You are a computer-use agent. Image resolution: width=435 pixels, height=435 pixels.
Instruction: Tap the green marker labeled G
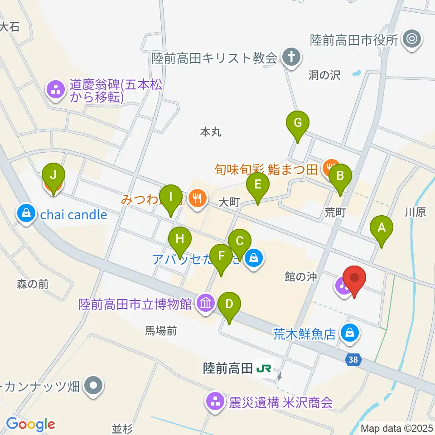click(x=298, y=123)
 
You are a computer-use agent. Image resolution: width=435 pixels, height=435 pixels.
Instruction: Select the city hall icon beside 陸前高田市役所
click(x=412, y=39)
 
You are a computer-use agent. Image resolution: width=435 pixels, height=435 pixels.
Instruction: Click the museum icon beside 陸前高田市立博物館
click(x=206, y=303)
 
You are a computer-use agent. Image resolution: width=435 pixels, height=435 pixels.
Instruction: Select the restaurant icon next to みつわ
click(x=197, y=198)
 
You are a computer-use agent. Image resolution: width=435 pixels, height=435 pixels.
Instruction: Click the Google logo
click(x=30, y=425)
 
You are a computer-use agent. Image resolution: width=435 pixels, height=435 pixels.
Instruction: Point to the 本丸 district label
click(x=210, y=132)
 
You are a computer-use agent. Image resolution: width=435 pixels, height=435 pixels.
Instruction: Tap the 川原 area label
click(x=415, y=212)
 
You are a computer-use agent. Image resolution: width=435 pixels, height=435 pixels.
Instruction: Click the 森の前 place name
click(x=32, y=284)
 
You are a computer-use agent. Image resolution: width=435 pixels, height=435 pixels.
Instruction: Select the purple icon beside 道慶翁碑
click(x=56, y=89)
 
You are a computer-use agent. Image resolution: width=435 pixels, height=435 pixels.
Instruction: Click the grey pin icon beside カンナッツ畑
click(x=94, y=386)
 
